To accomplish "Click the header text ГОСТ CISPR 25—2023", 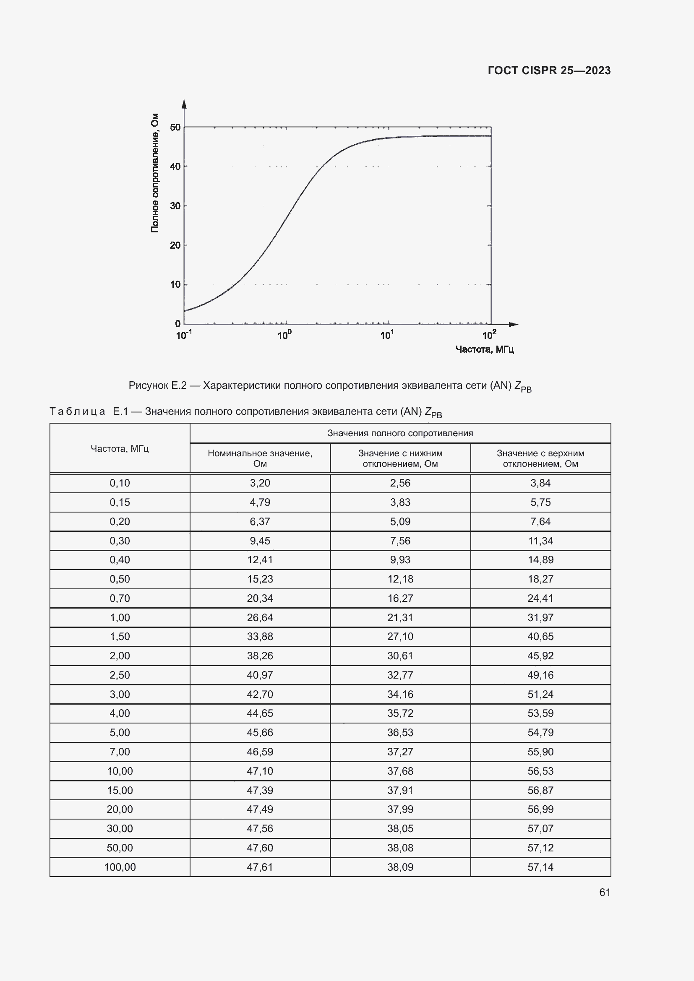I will pyautogui.click(x=549, y=70).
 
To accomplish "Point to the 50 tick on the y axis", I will pyautogui.click(x=175, y=128).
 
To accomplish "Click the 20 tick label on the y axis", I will pyautogui.click(x=175, y=245).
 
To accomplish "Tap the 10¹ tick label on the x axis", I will pyautogui.click(x=387, y=335).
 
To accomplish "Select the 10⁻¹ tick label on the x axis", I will pyautogui.click(x=184, y=335).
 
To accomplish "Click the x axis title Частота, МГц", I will pyautogui.click(x=485, y=349).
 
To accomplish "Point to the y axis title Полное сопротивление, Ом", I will pyautogui.click(x=155, y=173).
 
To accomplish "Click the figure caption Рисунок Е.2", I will pyautogui.click(x=330, y=386).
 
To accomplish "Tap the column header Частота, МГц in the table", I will pyautogui.click(x=120, y=448).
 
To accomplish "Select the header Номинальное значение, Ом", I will pyautogui.click(x=260, y=458).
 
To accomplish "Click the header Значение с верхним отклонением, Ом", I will pyautogui.click(x=540, y=458).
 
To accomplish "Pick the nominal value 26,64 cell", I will pyautogui.click(x=260, y=617).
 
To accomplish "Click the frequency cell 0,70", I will pyautogui.click(x=120, y=598).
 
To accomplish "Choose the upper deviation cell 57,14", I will pyautogui.click(x=540, y=867).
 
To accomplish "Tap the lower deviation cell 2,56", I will pyautogui.click(x=400, y=483).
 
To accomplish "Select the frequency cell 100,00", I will pyautogui.click(x=120, y=867).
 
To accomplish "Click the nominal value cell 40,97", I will pyautogui.click(x=260, y=675).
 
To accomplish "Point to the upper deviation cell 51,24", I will pyautogui.click(x=540, y=694).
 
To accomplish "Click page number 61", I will pyautogui.click(x=605, y=892).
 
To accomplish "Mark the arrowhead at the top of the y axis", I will pyautogui.click(x=184, y=104).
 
